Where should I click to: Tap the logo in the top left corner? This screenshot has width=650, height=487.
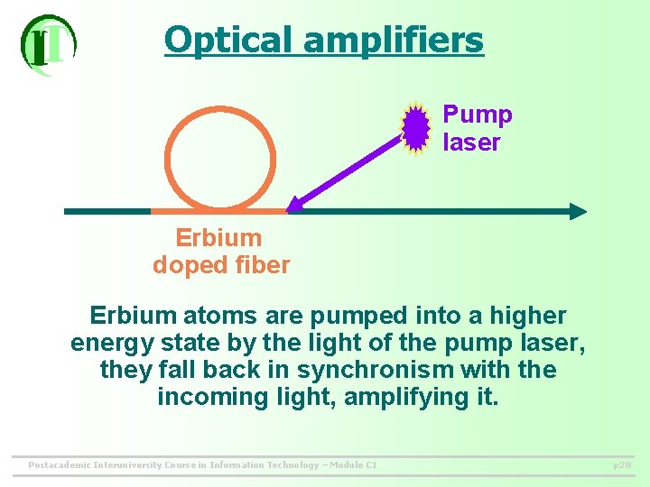tap(48, 44)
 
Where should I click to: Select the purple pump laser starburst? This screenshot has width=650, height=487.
tap(415, 128)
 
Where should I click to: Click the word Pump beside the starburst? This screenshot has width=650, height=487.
tap(478, 115)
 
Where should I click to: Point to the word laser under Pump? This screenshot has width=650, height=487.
tap(471, 142)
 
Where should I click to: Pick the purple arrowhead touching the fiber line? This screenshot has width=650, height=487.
tap(294, 205)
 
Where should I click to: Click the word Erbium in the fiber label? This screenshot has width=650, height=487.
tap(218, 238)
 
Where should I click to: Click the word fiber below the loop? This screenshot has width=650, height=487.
tap(262, 265)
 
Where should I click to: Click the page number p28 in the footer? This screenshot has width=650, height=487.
tap(621, 465)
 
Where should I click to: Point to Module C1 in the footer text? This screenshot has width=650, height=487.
tap(352, 465)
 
